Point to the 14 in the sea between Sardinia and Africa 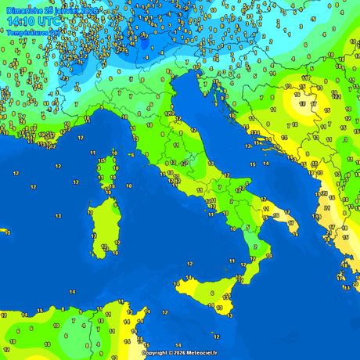coord(72,291)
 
